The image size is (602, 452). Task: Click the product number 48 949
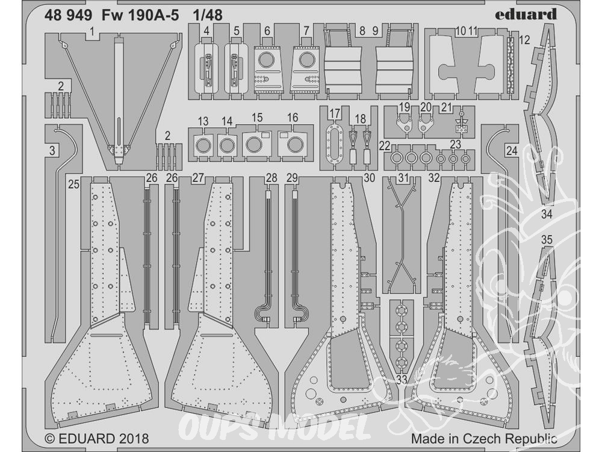68,16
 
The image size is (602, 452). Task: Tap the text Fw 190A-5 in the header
140,16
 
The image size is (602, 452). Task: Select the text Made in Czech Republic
484,439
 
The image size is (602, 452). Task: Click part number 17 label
334,113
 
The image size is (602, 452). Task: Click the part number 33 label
402,380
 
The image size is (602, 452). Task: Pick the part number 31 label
403,178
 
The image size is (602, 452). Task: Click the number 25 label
73,184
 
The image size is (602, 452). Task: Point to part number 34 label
546,214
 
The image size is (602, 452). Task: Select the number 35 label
547,240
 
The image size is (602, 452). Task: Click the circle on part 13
203,145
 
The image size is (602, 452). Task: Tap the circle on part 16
295,144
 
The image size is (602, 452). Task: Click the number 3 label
52,151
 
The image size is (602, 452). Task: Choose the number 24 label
511,151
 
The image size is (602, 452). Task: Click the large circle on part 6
266,60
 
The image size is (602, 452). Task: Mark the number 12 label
524,40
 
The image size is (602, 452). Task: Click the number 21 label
446,107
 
